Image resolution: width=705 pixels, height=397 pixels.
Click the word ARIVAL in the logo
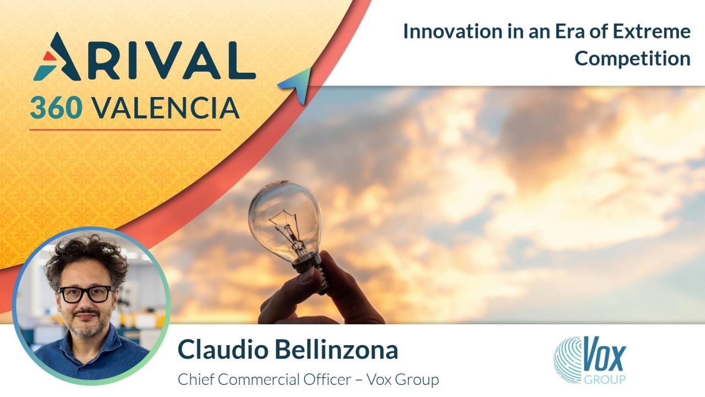144,57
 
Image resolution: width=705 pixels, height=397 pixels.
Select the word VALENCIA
166,108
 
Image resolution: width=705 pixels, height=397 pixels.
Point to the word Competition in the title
632,58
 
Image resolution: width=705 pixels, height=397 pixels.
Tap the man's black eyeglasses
85,294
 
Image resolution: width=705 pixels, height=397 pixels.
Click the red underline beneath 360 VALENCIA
125,130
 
